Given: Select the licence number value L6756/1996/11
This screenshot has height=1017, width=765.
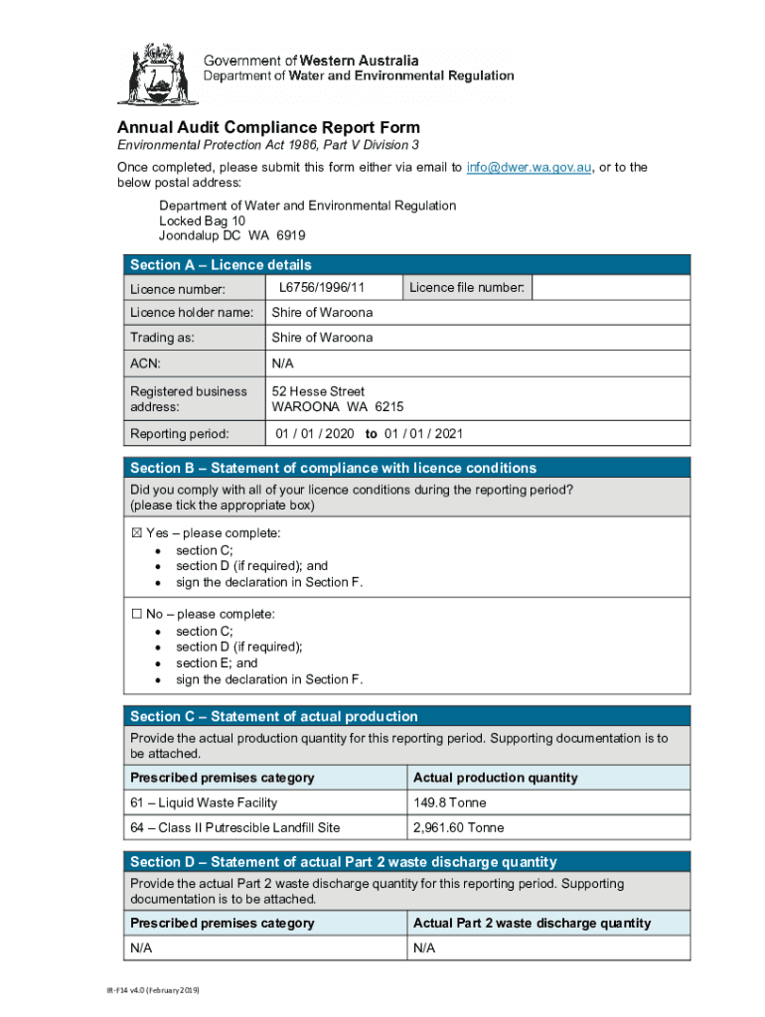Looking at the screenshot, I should pyautogui.click(x=322, y=287).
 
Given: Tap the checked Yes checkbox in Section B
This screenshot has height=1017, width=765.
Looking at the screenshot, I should pyautogui.click(x=137, y=533).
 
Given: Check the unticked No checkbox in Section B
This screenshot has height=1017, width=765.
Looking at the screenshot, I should pyautogui.click(x=137, y=615).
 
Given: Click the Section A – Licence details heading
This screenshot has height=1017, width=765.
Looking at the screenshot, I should pyautogui.click(x=221, y=265).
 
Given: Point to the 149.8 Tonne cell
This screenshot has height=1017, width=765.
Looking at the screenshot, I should pyautogui.click(x=449, y=802).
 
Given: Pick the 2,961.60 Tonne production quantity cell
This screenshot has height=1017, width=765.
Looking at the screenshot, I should pyautogui.click(x=458, y=827).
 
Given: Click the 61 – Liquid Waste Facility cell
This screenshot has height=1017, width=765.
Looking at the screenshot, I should pyautogui.click(x=204, y=802).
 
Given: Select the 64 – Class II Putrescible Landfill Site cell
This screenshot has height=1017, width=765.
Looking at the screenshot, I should pyautogui.click(x=234, y=827).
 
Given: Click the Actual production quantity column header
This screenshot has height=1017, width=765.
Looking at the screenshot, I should pyautogui.click(x=495, y=778).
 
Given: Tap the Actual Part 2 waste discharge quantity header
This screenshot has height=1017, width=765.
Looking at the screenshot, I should pyautogui.click(x=532, y=924).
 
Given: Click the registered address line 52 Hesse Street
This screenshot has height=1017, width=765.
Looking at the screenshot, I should pyautogui.click(x=318, y=391).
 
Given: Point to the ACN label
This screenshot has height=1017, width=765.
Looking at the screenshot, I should pyautogui.click(x=145, y=363).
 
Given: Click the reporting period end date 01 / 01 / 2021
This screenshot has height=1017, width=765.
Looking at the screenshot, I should pyautogui.click(x=423, y=434).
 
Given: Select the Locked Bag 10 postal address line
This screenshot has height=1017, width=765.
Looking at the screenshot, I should pyautogui.click(x=202, y=220).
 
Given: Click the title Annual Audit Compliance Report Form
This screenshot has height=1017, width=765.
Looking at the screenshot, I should pyautogui.click(x=268, y=128).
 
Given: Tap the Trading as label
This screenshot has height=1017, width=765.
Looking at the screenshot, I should pyautogui.click(x=162, y=338).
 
